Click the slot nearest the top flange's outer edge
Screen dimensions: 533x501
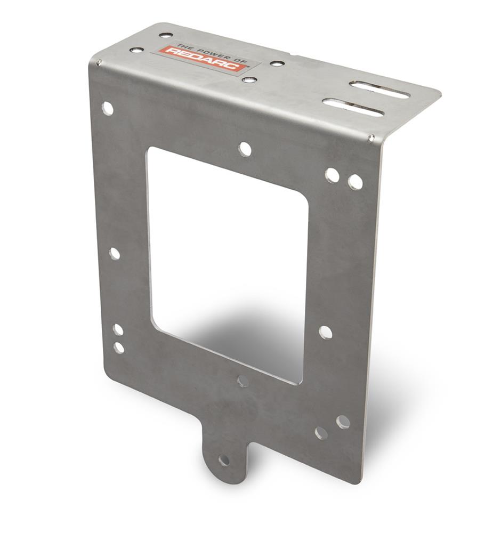pos(379,89)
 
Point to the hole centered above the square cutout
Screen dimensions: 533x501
pos(245,149)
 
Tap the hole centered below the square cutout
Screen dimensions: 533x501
pos(243,381)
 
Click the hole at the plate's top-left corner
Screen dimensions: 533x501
pos(108,108)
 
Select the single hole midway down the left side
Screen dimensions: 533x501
pos(114,254)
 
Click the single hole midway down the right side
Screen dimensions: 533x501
pos(325,332)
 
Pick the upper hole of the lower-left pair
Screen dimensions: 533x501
pos(118,330)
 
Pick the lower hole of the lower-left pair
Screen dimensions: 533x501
pos(119,348)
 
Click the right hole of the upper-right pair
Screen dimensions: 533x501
pos(355,182)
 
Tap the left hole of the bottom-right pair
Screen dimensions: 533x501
pos(321,432)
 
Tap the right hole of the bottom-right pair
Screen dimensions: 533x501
pos(343,422)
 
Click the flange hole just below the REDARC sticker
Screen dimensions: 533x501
pos(249,80)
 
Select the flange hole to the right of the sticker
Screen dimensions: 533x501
pos(277,63)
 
